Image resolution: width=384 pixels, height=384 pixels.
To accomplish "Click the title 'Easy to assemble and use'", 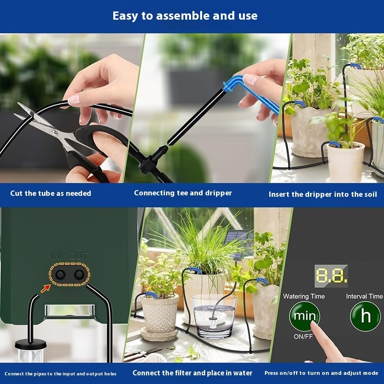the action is click(185, 16).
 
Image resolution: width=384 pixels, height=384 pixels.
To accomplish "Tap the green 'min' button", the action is click(304, 316).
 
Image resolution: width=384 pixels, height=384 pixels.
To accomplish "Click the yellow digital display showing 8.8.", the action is click(331, 276).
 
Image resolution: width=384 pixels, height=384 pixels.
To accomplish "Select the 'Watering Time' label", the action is click(304, 296).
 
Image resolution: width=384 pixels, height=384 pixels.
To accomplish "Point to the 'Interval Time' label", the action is click(364, 296).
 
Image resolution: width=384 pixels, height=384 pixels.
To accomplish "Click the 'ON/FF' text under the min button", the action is click(303, 337).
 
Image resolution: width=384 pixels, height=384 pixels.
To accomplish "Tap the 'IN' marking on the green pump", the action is click(56, 256).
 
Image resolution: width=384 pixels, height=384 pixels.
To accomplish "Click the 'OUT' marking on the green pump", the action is click(78, 256).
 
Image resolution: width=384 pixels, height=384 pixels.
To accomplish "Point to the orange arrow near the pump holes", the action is click(45, 289).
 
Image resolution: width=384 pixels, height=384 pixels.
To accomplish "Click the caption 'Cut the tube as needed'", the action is click(50, 193).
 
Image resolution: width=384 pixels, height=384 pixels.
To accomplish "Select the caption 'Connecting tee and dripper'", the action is click(183, 193).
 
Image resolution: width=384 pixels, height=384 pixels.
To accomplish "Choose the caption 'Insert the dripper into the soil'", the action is click(323, 194).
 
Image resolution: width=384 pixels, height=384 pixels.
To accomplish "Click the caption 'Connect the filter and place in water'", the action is click(192, 373).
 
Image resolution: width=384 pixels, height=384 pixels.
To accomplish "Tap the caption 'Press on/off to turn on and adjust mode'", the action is click(321, 373).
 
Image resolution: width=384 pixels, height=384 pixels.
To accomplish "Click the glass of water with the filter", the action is click(214, 316).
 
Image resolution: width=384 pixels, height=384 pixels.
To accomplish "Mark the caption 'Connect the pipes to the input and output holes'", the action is click(60, 374).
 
